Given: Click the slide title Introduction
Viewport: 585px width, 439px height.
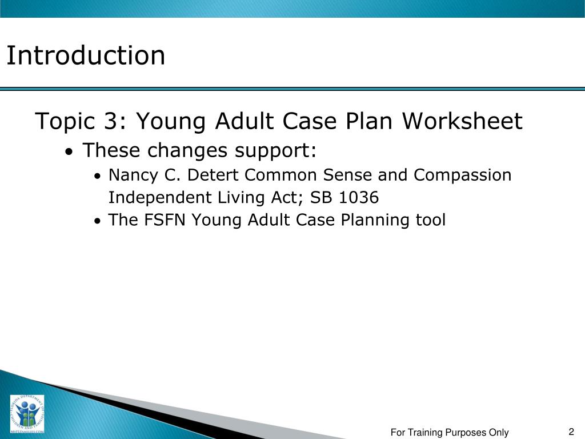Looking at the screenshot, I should (86, 55).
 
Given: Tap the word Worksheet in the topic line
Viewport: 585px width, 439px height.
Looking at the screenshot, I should (462, 122).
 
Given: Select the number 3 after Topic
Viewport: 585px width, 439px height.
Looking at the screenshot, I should (125, 122).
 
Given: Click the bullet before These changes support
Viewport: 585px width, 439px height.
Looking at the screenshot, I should (69, 153).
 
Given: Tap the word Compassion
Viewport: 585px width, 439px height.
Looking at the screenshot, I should (462, 175).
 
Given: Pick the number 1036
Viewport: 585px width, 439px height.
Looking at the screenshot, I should (358, 198).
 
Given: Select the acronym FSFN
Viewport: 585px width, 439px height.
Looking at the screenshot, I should (169, 220).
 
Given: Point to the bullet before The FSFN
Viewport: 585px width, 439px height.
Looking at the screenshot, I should (98, 221).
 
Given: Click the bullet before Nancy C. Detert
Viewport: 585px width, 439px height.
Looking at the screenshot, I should (98, 176).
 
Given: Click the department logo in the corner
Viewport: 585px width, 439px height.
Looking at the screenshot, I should (27, 414).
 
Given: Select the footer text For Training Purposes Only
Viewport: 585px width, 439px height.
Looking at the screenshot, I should (449, 433).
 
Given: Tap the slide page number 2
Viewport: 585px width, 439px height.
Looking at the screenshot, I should (571, 432).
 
